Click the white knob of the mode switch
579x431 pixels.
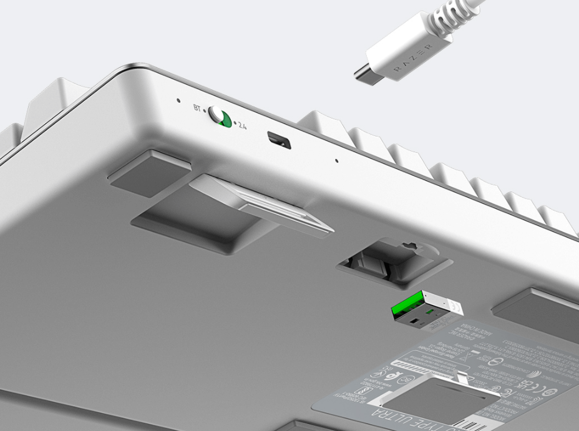point(217,114)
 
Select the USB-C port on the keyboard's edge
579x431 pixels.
point(279,140)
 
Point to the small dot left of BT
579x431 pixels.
point(178,100)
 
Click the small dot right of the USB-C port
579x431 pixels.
point(337,160)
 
